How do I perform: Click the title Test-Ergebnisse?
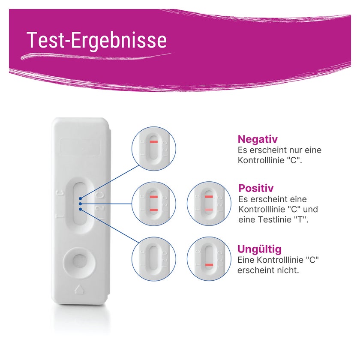point(97,40)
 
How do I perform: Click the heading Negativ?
point(258,139)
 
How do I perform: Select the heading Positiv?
point(256,188)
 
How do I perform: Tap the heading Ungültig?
point(259,249)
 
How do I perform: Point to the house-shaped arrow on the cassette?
point(80,289)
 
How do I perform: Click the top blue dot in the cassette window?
point(80,198)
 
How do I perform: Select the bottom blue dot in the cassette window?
point(80,209)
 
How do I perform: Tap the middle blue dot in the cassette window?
point(80,204)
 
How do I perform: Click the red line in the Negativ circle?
point(153,142)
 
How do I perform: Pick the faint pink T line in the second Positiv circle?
point(209,210)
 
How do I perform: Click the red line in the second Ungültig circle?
point(209,265)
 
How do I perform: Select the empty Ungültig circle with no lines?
point(153,259)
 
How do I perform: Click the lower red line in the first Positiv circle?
point(153,210)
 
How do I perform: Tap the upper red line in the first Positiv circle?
point(153,197)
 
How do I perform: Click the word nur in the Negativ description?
point(292,150)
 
